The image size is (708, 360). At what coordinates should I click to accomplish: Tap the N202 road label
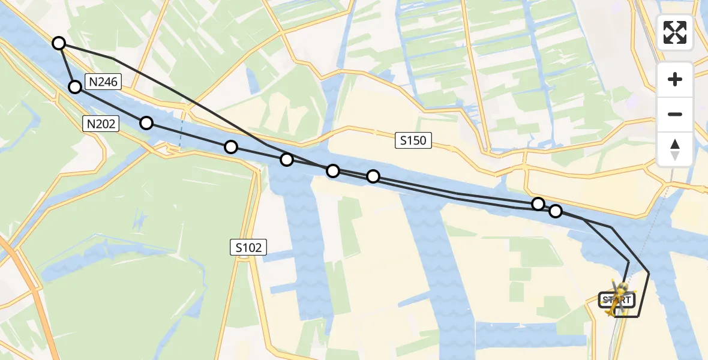click(100, 124)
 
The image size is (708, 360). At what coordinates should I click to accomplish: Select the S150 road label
click(414, 141)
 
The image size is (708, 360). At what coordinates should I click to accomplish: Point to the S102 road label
click(248, 247)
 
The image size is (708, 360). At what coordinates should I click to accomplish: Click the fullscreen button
click(675, 32)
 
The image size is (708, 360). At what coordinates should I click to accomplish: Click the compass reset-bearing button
click(675, 149)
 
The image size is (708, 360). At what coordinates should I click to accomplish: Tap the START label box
click(617, 299)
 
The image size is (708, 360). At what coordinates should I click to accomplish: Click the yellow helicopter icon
click(618, 295)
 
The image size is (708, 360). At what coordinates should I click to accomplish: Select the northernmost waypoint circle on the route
click(59, 43)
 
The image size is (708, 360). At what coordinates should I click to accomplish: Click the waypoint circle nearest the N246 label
click(75, 87)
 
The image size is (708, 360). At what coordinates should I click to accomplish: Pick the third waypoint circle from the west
click(146, 123)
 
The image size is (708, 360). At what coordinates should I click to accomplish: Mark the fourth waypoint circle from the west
click(231, 147)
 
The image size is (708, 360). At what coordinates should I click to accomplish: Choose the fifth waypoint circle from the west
click(287, 160)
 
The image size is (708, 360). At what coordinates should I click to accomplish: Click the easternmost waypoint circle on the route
click(556, 211)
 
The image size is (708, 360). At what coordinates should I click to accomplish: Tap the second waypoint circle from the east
click(538, 204)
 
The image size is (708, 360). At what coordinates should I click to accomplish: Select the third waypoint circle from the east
click(373, 176)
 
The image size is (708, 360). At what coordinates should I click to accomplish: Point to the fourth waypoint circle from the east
click(333, 171)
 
